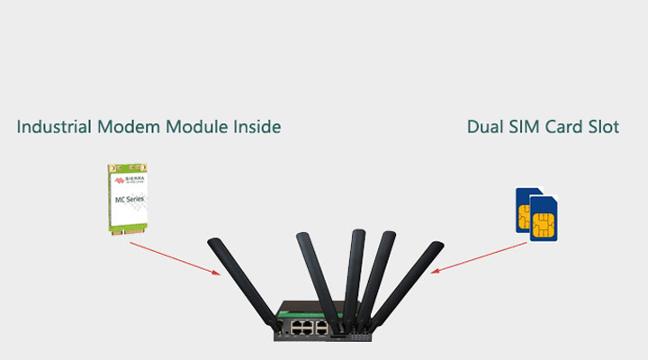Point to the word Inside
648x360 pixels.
tap(256, 127)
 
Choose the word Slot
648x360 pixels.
tap(603, 127)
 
